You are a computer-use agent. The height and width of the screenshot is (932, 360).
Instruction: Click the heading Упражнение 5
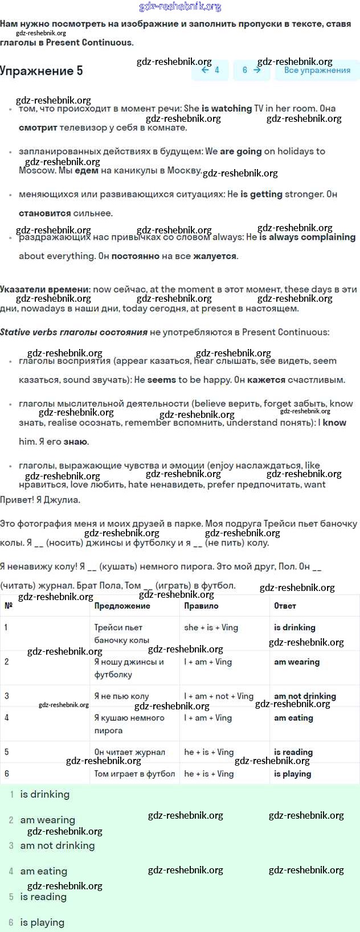coord(41,71)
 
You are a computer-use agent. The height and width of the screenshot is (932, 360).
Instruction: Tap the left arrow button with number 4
coord(210,70)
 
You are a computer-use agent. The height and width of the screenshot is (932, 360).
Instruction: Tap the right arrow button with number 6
coord(251,70)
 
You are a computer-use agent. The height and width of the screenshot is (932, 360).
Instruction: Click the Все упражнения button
coord(317,70)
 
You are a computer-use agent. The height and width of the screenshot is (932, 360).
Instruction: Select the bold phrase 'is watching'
coord(226,108)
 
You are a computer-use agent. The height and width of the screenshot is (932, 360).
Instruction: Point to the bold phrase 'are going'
coord(240,151)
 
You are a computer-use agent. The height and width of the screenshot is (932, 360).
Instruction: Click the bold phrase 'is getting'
coord(261,194)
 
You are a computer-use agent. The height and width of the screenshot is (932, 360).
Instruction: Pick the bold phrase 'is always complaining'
coord(307,237)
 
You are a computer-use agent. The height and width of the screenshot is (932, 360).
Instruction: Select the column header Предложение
coord(122,606)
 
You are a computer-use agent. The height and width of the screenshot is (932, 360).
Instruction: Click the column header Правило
coord(201,606)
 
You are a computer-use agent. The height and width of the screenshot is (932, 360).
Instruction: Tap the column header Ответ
coord(285,606)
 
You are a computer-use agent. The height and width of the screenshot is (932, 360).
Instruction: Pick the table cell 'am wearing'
coord(296,662)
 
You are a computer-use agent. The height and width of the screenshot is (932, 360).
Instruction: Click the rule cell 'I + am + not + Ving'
coord(218,696)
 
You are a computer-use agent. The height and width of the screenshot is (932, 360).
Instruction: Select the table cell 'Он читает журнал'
coord(129,752)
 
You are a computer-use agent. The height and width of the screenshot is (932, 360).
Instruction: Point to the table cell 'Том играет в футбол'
coord(134,774)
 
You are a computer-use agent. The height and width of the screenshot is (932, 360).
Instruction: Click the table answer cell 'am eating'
coord(293,718)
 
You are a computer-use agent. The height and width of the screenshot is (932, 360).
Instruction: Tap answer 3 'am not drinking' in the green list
coord(57,845)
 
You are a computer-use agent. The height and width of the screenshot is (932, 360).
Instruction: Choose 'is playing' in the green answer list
coord(42,922)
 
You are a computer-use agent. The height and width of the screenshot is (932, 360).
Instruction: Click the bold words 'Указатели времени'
coord(44,289)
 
